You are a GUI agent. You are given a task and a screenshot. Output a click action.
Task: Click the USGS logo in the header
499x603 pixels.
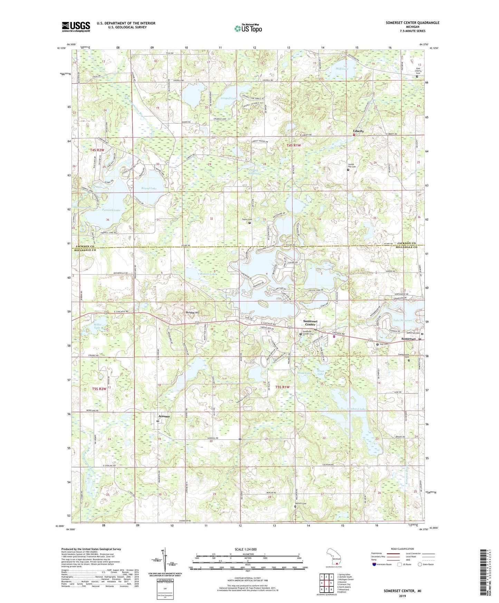tap(76, 27)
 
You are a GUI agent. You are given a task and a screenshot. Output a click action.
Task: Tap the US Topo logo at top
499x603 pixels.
tap(248, 29)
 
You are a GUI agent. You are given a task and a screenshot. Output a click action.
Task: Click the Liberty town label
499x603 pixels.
tap(358, 131)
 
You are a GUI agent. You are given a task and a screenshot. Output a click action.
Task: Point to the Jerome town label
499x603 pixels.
tap(164, 417)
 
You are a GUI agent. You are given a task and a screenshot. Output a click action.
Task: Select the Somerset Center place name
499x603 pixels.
tap(310, 323)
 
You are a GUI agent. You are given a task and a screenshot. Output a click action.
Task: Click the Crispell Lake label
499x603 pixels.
tap(229, 98)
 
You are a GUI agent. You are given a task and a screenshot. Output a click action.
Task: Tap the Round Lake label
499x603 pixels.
tap(149, 189)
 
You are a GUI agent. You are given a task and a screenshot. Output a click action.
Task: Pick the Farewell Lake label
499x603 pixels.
tap(111, 210)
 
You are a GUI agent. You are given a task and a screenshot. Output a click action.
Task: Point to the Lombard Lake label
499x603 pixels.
tap(356, 409)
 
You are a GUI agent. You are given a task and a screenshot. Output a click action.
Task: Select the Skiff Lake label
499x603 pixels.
tap(342, 69)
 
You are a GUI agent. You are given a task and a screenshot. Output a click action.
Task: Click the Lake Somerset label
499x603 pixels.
tap(403, 320)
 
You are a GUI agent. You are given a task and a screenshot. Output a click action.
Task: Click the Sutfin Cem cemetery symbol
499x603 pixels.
tap(250, 223)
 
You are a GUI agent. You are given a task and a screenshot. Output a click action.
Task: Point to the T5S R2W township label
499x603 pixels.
tap(99, 389)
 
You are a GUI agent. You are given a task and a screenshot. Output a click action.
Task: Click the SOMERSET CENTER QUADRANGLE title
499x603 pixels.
tap(412, 23)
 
